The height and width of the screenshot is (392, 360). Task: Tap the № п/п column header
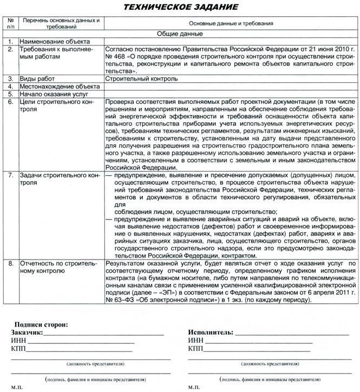tap(10, 23)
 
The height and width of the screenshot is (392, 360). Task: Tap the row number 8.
tap(10, 263)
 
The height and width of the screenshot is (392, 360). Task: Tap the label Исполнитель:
tap(211, 332)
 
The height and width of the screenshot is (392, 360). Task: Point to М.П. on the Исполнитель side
tap(193, 388)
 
